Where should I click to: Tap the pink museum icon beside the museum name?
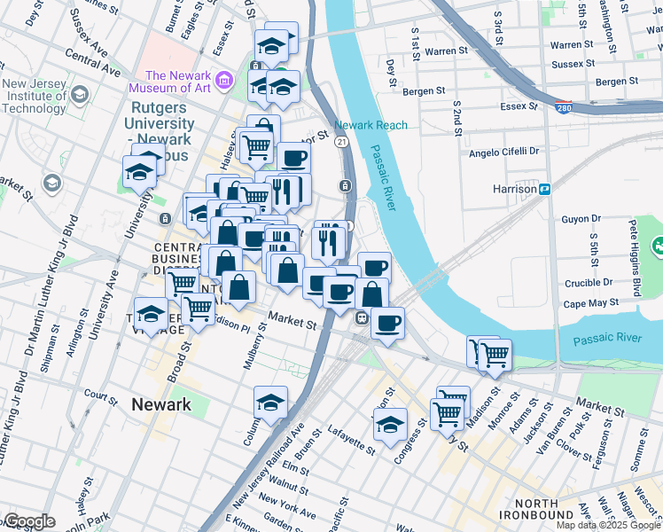pyautogui.click(x=224, y=82)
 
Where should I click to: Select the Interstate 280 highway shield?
pyautogui.click(x=564, y=108)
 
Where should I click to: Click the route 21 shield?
pyautogui.click(x=341, y=142)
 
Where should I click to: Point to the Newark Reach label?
pyautogui.click(x=370, y=125)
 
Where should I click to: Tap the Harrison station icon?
pyautogui.click(x=546, y=189)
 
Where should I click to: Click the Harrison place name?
pyautogui.click(x=514, y=189)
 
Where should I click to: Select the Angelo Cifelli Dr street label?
pyautogui.click(x=504, y=152)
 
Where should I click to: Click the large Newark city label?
pyautogui.click(x=160, y=404)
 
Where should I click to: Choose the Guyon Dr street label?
pyautogui.click(x=581, y=218)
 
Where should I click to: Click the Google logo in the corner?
pyautogui.click(x=29, y=521)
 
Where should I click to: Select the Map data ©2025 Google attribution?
pyautogui.click(x=606, y=525)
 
